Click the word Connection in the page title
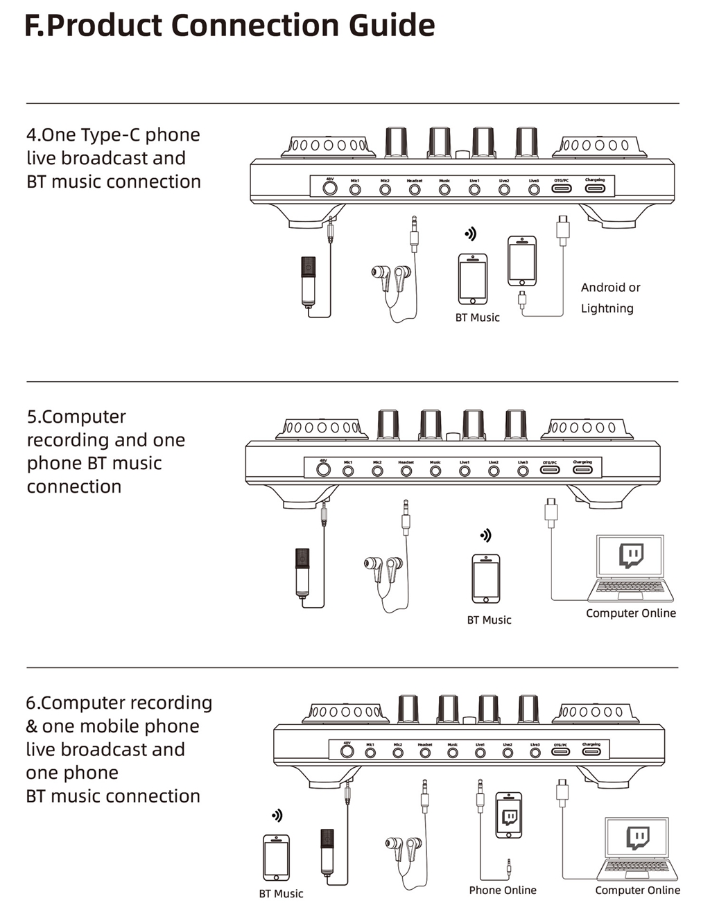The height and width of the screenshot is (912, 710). [x=256, y=25]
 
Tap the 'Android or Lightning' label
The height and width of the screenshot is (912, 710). [x=610, y=298]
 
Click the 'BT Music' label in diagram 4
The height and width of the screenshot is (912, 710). [x=477, y=317]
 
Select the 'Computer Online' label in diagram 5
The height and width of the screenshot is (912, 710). [x=630, y=613]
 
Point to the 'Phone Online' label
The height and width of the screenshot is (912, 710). [x=503, y=890]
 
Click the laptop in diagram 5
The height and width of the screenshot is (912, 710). [x=631, y=568]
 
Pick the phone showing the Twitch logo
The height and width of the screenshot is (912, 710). [x=509, y=815]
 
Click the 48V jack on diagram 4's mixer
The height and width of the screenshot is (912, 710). [x=330, y=188]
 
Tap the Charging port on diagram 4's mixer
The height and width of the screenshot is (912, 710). [x=595, y=188]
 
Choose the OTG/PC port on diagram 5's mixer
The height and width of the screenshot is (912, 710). [x=551, y=470]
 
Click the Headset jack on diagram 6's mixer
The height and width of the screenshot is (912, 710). [x=425, y=752]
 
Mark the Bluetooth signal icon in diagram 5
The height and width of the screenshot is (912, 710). [x=486, y=535]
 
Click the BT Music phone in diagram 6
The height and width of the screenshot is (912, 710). [x=276, y=858]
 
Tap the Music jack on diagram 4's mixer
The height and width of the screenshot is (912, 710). [x=444, y=189]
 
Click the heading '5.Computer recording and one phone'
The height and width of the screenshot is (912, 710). [x=105, y=451]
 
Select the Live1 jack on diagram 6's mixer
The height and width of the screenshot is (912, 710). [x=480, y=752]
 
